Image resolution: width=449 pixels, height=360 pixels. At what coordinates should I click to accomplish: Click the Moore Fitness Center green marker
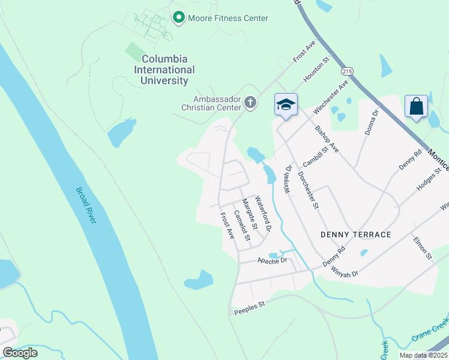click(x=178, y=18)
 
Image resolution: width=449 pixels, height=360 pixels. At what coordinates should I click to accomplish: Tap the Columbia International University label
click(x=164, y=70)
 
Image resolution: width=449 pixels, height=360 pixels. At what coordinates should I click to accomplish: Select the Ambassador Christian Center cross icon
click(x=251, y=104)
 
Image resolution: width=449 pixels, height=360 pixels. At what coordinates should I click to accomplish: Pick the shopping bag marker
click(x=416, y=107)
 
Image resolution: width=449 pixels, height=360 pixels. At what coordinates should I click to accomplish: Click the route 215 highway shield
click(x=346, y=71)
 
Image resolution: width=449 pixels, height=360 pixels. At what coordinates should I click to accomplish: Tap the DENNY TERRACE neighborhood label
click(x=355, y=235)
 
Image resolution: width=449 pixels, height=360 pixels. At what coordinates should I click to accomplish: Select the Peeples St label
click(x=249, y=306)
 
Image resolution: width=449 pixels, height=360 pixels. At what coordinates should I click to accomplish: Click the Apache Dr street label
click(x=273, y=261)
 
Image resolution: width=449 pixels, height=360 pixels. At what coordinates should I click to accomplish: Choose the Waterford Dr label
click(x=264, y=214)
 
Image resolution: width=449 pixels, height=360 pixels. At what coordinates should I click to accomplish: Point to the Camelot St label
click(x=242, y=225)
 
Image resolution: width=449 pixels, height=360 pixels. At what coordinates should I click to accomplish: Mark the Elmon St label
click(x=423, y=247)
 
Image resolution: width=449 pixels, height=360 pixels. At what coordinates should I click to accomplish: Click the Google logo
click(x=20, y=353)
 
